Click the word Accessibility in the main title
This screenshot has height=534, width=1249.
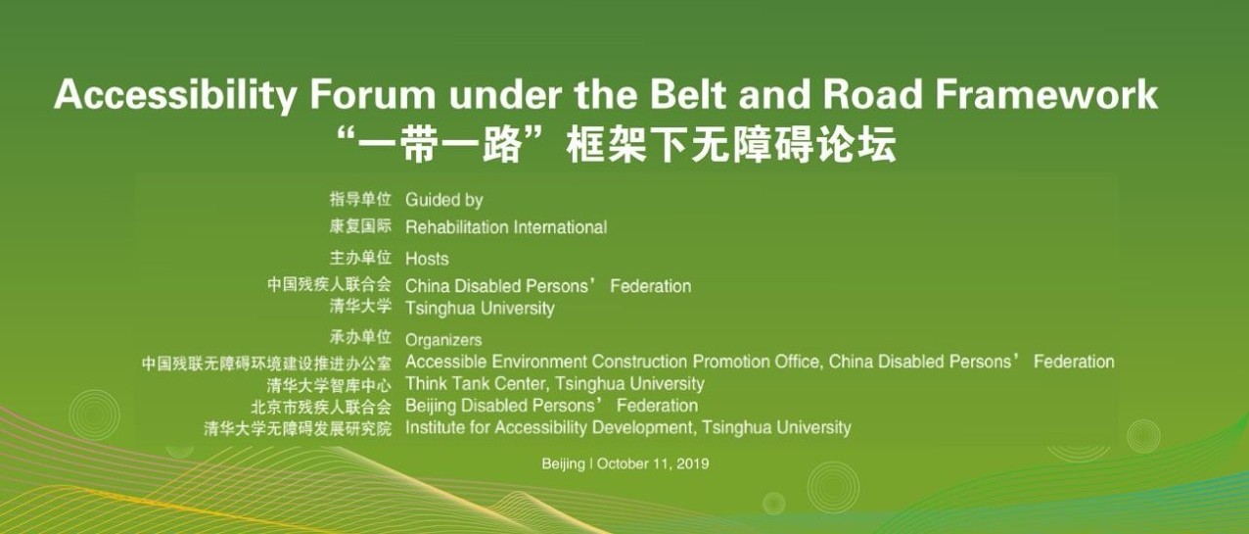pos(175,95)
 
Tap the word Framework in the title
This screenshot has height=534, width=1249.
pos(1046,94)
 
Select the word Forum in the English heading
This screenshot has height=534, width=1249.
pos(373,94)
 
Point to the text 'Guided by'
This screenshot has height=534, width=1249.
pos(443,200)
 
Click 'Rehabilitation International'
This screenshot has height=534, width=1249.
pos(506,227)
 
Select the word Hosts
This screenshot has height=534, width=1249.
pos(427,259)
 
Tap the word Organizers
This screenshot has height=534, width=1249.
pos(443,340)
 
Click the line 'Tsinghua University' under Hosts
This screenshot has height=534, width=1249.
pos(480,309)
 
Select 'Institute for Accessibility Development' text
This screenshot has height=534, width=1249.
pos(549,428)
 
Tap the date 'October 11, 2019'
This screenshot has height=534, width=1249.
pos(653,463)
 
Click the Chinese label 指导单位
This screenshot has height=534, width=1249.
pos(360,199)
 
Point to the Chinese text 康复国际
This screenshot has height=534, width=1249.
pos(360,226)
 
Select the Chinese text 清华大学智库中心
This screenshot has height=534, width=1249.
pos(329,385)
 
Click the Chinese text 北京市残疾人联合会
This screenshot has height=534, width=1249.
pos(321,407)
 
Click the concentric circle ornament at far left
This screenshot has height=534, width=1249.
pos(94,414)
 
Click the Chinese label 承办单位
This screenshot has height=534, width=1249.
pos(360,337)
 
